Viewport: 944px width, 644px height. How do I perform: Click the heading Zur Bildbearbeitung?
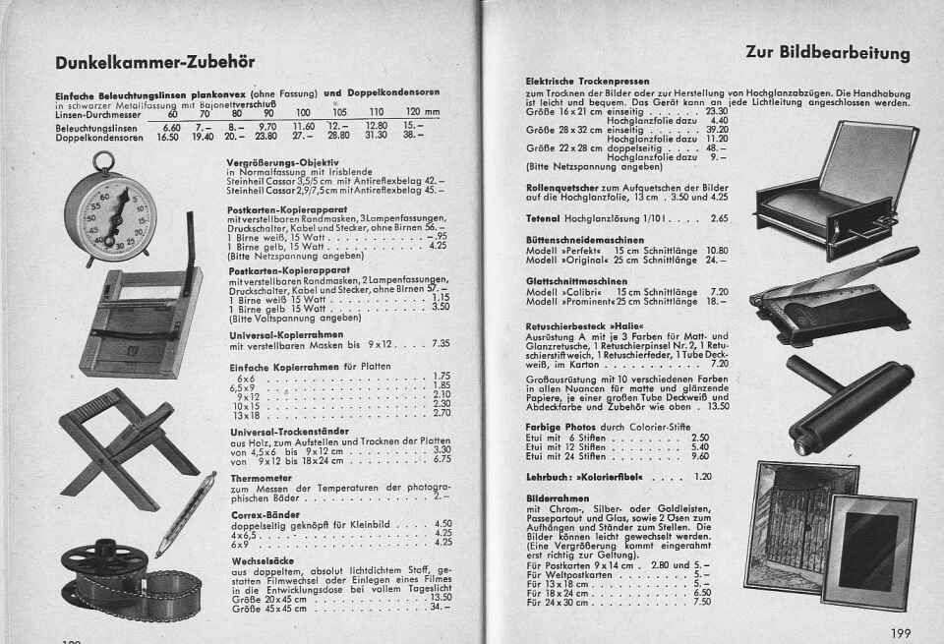[x=827, y=52]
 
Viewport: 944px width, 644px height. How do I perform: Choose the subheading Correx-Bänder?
[x=265, y=513]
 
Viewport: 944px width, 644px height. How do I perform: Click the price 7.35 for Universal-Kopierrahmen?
[x=441, y=343]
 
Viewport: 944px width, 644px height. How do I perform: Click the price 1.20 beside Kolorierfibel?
[x=702, y=477]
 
